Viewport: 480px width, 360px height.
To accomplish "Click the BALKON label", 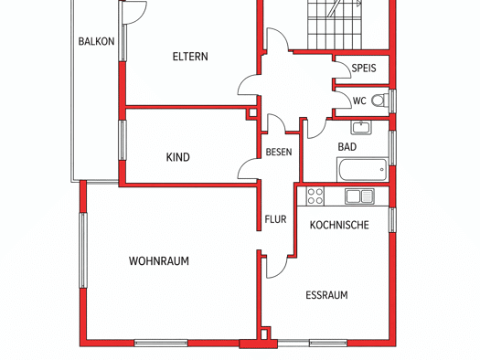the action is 96,41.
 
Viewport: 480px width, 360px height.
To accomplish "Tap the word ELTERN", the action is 190,57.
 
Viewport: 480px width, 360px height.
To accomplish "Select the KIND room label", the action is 178,157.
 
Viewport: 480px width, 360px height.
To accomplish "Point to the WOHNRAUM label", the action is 159,261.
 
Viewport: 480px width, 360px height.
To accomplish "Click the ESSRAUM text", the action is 326,295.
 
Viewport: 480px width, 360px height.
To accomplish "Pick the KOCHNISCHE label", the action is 339,225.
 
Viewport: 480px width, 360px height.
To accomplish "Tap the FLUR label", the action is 275,219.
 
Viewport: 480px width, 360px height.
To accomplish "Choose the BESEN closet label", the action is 279,152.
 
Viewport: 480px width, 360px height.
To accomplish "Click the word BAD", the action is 347,147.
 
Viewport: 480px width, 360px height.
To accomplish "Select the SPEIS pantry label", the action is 364,68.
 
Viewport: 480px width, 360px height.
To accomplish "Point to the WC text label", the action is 359,101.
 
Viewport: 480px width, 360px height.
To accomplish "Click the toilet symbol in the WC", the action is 380,101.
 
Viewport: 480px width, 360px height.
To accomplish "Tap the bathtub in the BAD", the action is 362,169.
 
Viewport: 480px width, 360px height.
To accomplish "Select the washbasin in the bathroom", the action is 361,127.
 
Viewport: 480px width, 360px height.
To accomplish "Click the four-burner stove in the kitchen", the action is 315,196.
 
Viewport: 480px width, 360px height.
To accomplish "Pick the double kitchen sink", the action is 359,196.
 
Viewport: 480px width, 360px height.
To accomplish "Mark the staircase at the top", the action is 335,25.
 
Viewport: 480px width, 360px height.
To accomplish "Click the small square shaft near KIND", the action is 253,113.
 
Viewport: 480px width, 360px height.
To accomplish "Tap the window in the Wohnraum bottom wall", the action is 161,343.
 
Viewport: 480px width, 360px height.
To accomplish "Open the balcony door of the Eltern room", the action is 133,12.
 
